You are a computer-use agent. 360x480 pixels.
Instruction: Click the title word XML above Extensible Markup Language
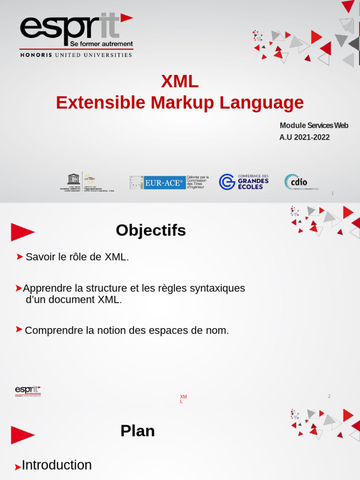pyautogui.click(x=180, y=82)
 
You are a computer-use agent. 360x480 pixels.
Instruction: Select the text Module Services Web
pyautogui.click(x=314, y=126)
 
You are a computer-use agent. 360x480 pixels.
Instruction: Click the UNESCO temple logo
pyautogui.click(x=74, y=179)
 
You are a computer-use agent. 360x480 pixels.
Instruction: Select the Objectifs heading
pyautogui.click(x=150, y=230)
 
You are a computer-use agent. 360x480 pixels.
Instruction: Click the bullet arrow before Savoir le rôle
pyautogui.click(x=19, y=256)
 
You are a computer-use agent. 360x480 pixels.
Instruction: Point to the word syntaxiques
pyautogui.click(x=217, y=288)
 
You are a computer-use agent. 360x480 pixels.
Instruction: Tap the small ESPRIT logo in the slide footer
pyautogui.click(x=28, y=391)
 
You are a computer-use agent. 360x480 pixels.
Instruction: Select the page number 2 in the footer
pyautogui.click(x=329, y=397)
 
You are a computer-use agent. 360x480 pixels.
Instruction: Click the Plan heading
pyautogui.click(x=137, y=431)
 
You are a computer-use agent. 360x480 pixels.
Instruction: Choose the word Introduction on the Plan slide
pyautogui.click(x=57, y=465)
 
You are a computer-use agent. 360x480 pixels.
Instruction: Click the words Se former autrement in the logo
pyautogui.click(x=101, y=44)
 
